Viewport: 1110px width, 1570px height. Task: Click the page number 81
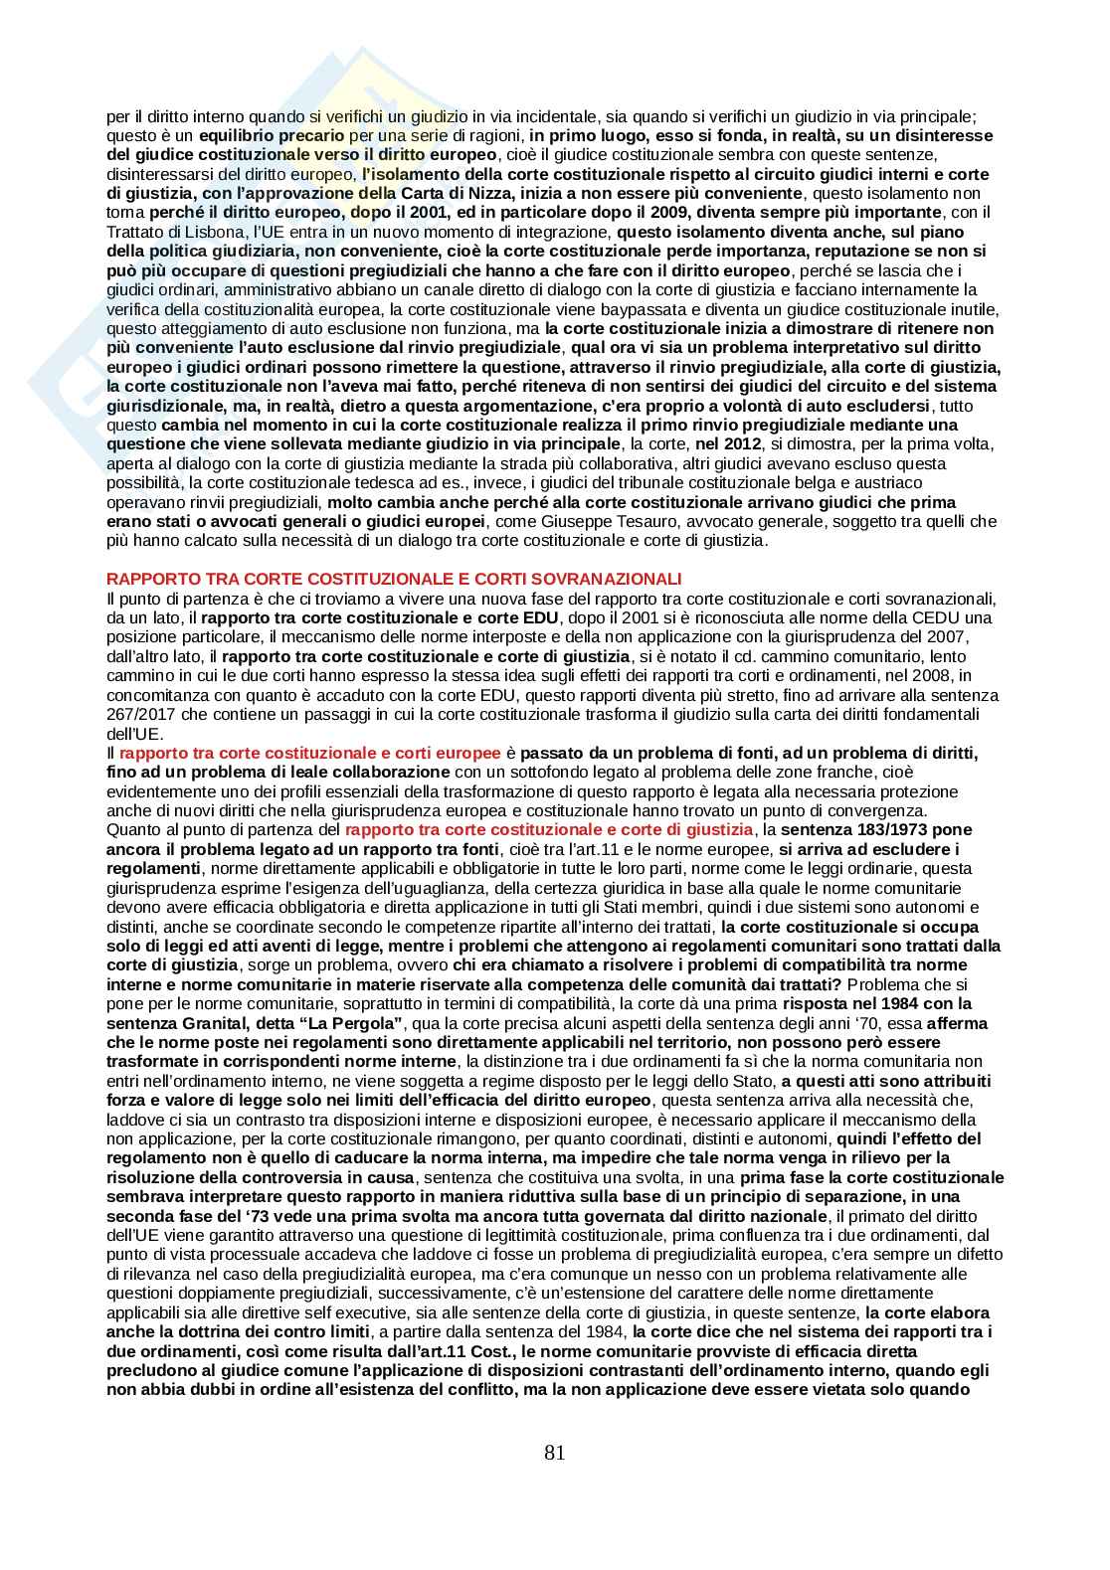(x=555, y=1453)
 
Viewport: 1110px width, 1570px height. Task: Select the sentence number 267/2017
(x=135, y=714)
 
